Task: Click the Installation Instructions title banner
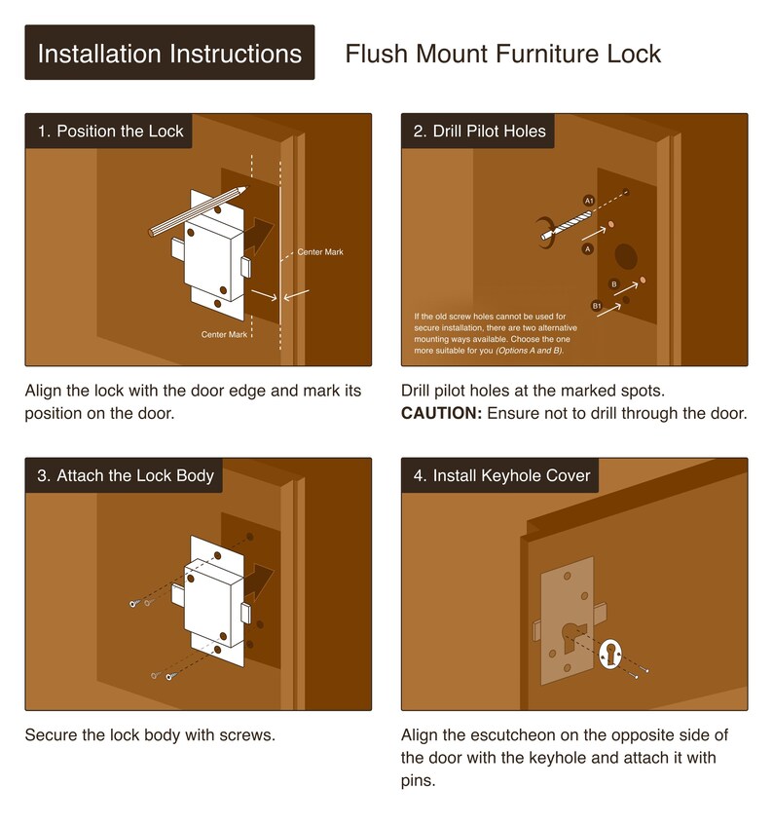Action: point(169,53)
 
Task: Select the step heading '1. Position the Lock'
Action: point(110,131)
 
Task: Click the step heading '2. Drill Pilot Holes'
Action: point(479,131)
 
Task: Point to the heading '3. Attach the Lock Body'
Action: point(126,475)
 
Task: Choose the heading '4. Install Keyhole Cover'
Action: point(501,475)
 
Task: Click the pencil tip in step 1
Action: point(244,188)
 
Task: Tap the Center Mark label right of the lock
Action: point(320,252)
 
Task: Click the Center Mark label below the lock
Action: point(224,335)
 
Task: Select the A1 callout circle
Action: point(589,201)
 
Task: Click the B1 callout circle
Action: point(597,306)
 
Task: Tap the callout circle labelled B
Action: point(613,284)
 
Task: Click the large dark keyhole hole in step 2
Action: point(626,256)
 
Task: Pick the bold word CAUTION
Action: point(441,414)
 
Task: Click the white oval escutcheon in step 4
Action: point(610,654)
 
